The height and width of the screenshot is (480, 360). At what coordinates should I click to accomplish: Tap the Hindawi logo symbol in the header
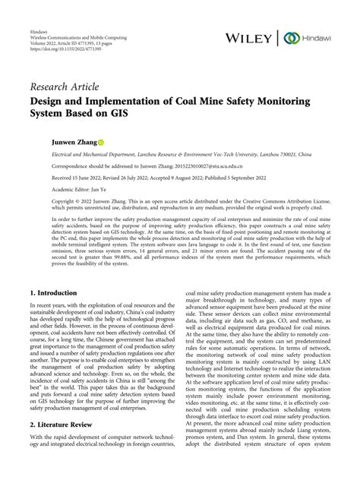(x=289, y=37)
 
